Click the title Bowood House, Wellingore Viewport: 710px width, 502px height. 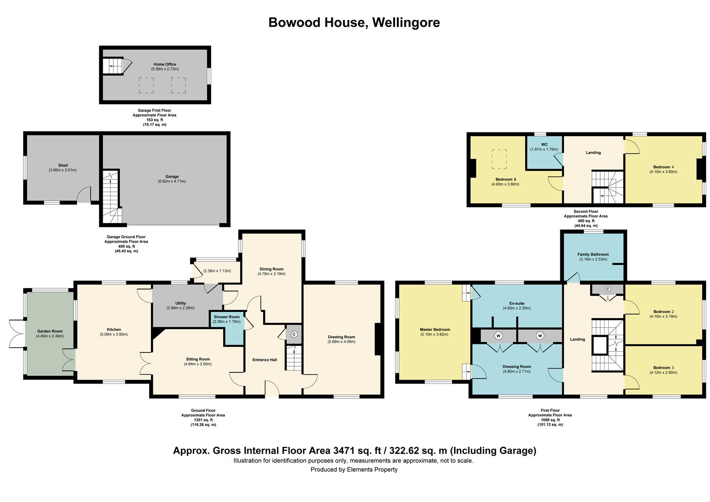[x=354, y=22]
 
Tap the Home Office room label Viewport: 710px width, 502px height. [x=164, y=64]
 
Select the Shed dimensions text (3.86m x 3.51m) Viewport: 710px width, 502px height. [x=63, y=170]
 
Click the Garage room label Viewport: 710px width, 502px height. [x=172, y=177]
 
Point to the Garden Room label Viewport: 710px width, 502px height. [x=50, y=331]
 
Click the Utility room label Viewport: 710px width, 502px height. [x=181, y=303]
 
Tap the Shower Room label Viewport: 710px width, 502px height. [x=227, y=317]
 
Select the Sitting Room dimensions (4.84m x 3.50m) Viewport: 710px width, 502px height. [x=198, y=364]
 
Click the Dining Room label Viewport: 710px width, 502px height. [x=271, y=269]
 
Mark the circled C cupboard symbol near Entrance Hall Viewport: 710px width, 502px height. [x=294, y=334]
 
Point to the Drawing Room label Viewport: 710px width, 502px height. [x=342, y=337]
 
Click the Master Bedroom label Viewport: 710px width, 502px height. [x=435, y=330]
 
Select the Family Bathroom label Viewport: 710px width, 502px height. [x=593, y=254]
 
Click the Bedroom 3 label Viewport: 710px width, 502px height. [x=664, y=368]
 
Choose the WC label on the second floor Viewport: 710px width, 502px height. [x=544, y=145]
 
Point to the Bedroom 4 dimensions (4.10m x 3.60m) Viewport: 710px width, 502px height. [x=664, y=172]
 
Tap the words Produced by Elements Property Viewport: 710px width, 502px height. [x=354, y=469]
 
